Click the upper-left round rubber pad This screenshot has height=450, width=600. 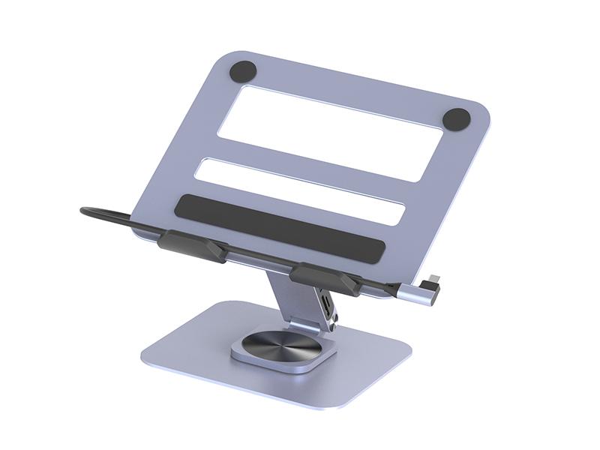pyautogui.click(x=242, y=72)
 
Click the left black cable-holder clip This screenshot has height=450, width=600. pyautogui.click(x=190, y=245)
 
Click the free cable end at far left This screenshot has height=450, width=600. pyautogui.click(x=86, y=211)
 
